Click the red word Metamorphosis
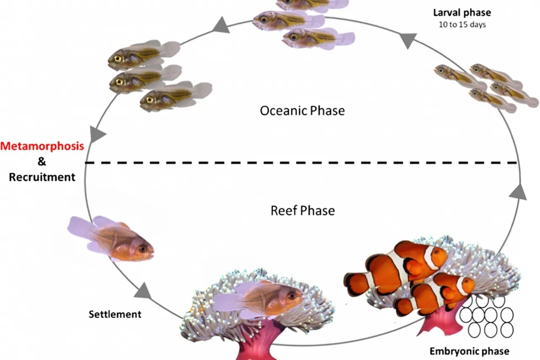tap(42, 146)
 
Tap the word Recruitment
tap(42, 177)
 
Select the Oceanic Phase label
tap(302, 111)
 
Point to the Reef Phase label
tap(302, 210)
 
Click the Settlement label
tap(115, 314)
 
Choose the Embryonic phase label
tap(469, 351)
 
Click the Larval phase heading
tap(462, 12)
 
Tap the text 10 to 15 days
tap(462, 24)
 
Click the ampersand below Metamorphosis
tap(42, 162)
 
